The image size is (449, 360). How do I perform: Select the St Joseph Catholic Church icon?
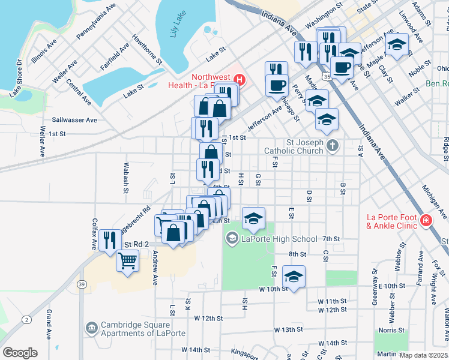[332, 145]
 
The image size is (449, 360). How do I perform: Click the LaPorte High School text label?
[279, 239]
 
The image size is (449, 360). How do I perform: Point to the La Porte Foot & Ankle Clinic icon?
[426, 220]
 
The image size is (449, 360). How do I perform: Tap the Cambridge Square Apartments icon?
[91, 328]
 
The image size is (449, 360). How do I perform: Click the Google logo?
[20, 353]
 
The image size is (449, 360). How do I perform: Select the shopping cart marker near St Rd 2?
[127, 261]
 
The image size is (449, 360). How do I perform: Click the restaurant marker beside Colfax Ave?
[109, 240]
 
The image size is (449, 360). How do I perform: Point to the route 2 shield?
[27, 320]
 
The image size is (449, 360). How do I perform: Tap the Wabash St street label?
[126, 178]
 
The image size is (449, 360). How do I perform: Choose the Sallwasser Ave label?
[74, 120]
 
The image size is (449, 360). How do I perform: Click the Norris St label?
[391, 330]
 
